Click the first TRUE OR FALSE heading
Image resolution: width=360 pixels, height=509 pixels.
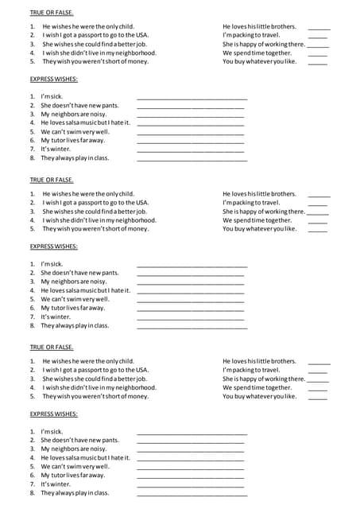(x=51, y=13)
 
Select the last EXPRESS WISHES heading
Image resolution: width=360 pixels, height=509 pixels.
(x=53, y=414)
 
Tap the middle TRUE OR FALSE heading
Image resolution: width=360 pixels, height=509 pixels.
(x=51, y=181)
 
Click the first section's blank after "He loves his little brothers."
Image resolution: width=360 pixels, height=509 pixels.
(x=319, y=28)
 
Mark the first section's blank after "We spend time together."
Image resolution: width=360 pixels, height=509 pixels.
(x=317, y=54)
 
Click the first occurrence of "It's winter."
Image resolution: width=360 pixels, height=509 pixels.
(x=56, y=149)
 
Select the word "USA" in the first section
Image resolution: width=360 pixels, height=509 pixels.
(x=141, y=36)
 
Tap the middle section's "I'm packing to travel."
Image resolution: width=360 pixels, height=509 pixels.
(x=251, y=203)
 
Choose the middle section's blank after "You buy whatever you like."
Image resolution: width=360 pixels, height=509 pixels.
(x=317, y=229)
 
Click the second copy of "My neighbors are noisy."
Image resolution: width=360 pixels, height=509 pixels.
(x=73, y=282)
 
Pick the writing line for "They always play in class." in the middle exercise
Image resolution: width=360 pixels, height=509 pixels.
(x=192, y=327)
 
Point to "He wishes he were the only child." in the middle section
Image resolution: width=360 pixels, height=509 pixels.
(x=88, y=194)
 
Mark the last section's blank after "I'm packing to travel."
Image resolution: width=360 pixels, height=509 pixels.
(x=317, y=371)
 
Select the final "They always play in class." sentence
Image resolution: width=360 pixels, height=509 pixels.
(x=75, y=493)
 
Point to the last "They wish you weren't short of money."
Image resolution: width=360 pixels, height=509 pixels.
(x=95, y=396)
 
